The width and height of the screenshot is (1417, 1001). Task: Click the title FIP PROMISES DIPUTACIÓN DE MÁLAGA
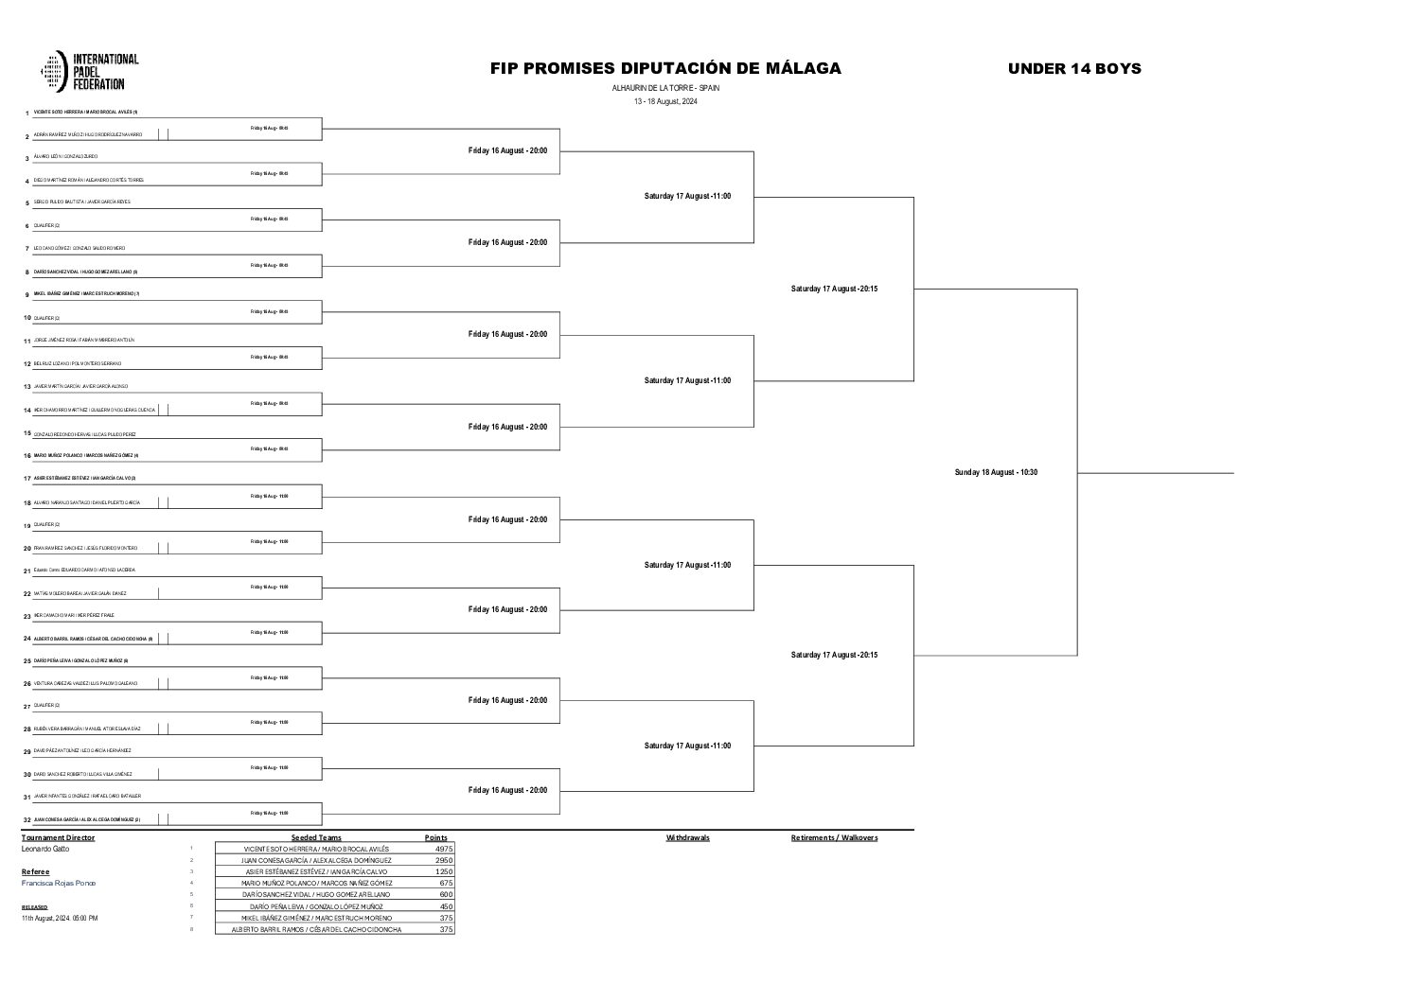(664, 68)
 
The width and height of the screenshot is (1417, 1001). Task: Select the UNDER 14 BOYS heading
(1073, 68)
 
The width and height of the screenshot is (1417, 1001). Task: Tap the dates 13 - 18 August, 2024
(665, 101)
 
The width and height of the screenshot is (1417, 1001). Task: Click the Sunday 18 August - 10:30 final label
(996, 472)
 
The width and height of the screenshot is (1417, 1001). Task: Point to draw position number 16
(27, 456)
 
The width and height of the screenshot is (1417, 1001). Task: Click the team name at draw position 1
(85, 112)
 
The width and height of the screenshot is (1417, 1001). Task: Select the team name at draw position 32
(87, 819)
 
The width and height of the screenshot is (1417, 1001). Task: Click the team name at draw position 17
(84, 479)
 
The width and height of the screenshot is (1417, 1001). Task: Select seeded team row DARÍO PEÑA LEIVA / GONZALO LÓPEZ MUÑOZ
(316, 906)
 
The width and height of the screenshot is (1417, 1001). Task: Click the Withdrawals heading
(687, 838)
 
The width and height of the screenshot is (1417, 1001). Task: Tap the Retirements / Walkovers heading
(834, 838)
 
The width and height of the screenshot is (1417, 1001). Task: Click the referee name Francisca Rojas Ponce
(58, 883)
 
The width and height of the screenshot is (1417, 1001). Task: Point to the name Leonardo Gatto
(45, 850)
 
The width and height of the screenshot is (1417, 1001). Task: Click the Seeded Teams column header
(316, 838)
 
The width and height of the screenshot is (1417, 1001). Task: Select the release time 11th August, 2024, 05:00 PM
(60, 918)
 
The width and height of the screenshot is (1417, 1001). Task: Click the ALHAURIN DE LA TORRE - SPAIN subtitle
(665, 87)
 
